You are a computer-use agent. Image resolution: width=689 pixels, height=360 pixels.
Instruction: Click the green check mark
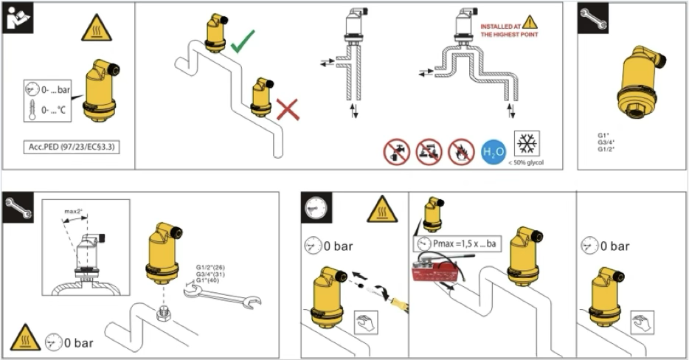coord(243,41)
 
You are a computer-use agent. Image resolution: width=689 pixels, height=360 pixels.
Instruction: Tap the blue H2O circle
coord(493,151)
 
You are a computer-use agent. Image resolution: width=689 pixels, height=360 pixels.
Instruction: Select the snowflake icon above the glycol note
coord(527,143)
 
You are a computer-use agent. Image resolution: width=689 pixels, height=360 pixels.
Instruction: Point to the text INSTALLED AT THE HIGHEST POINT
coord(509,30)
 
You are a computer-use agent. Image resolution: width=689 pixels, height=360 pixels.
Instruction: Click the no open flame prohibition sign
coord(461,151)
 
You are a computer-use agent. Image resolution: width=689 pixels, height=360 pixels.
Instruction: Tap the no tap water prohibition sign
coord(396,151)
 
